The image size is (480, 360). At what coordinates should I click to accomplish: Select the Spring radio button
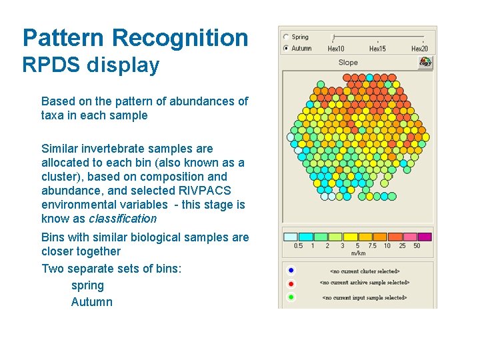coord(286,37)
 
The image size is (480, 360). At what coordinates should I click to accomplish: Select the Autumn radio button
coord(286,48)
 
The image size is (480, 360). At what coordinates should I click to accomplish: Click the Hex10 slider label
coord(336,49)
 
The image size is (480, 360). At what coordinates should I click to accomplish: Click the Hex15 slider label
coord(377,49)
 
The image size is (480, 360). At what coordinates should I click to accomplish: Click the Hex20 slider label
coord(419,49)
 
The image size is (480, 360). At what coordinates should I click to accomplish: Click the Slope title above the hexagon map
coord(348,63)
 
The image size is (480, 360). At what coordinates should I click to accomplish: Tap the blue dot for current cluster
coord(291,271)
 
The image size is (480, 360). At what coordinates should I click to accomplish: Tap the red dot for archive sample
coord(291,283)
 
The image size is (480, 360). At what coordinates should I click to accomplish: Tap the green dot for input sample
coord(291,297)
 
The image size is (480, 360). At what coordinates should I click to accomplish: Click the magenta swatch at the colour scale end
coord(424,237)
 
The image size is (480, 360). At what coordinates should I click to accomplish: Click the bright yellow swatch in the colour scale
coord(350,237)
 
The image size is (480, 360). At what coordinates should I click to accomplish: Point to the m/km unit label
coord(358,253)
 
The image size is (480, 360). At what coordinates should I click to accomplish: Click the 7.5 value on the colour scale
coord(371,246)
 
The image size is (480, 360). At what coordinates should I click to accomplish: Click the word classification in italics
coord(123,219)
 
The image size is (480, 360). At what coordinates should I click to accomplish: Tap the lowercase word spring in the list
coord(87,285)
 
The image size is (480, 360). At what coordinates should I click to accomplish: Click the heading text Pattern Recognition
coord(135,38)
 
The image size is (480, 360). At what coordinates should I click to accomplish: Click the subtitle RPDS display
coord(91,65)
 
